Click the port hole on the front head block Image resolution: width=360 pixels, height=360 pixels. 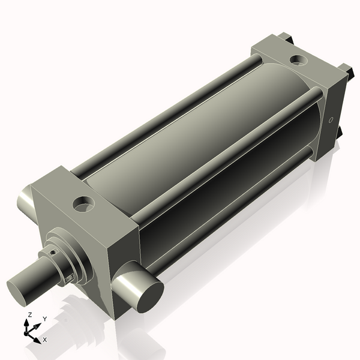point(83,204)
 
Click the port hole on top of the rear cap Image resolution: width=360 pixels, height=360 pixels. point(297,59)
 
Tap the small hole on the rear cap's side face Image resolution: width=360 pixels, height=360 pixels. point(330,120)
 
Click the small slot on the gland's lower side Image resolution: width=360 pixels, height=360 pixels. point(70,277)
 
